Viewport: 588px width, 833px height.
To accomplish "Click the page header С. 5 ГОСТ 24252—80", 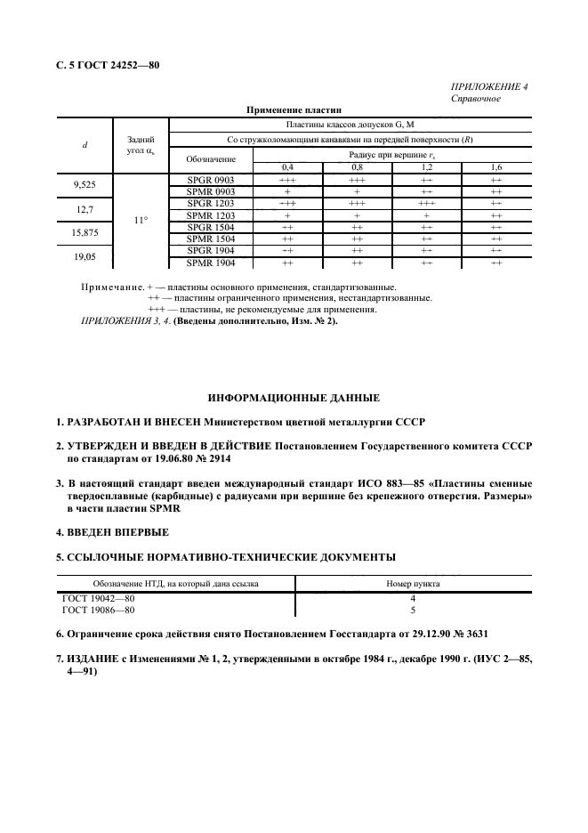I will [x=108, y=65].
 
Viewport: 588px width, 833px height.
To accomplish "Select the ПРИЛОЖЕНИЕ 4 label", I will [x=490, y=87].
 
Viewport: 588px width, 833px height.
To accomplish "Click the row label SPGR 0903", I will [x=211, y=180].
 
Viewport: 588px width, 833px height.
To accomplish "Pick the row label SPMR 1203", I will [x=211, y=215].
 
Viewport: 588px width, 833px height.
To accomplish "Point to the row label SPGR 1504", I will [x=211, y=227].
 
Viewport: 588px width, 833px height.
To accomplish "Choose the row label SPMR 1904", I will [x=211, y=263].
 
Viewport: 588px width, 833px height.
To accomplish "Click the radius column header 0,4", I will [x=287, y=167].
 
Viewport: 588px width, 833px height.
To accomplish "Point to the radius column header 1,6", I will [x=496, y=167].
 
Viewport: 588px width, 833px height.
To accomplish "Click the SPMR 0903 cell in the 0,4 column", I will [x=287, y=191].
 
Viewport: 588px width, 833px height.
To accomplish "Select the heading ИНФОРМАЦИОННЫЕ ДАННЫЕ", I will [x=294, y=396].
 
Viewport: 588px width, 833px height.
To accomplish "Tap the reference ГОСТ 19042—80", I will [x=99, y=599].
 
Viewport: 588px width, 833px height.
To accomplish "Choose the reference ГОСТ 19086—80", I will [x=99, y=611].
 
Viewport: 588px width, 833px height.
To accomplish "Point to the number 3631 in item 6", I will [x=471, y=633].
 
